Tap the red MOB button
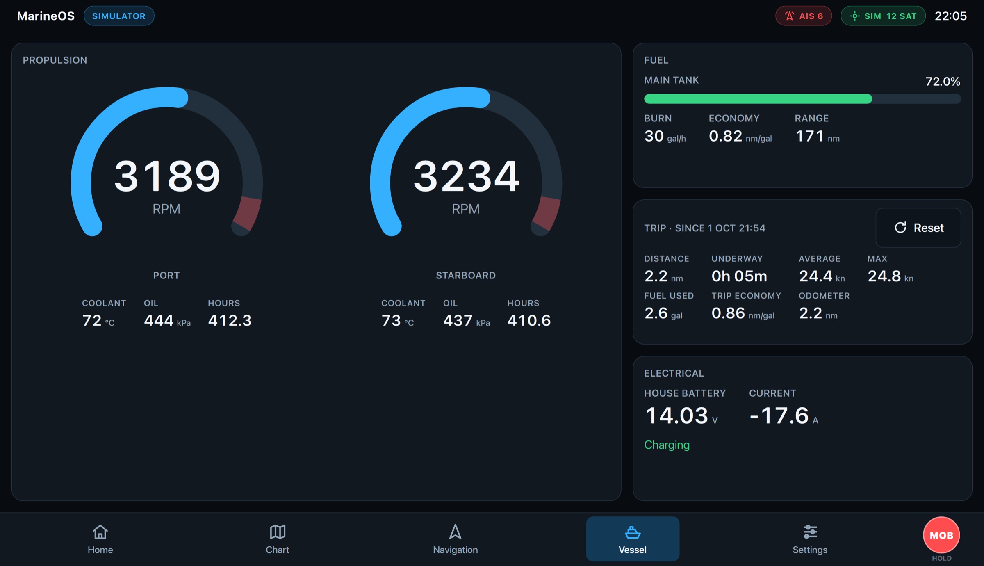click(941, 535)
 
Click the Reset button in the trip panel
click(918, 228)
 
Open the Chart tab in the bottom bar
click(278, 539)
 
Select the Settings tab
click(810, 539)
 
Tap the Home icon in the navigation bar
click(100, 532)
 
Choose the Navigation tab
click(455, 539)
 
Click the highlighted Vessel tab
click(633, 539)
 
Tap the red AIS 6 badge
click(804, 16)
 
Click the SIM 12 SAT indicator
click(883, 16)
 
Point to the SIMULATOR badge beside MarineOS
click(119, 16)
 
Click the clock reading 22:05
click(951, 16)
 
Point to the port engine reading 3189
click(167, 176)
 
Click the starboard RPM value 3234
click(466, 176)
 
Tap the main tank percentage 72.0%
click(943, 81)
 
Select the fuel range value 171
click(810, 136)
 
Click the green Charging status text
click(667, 445)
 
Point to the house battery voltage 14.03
click(676, 415)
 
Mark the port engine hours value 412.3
click(230, 320)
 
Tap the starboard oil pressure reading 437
click(458, 320)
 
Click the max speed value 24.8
click(884, 276)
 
